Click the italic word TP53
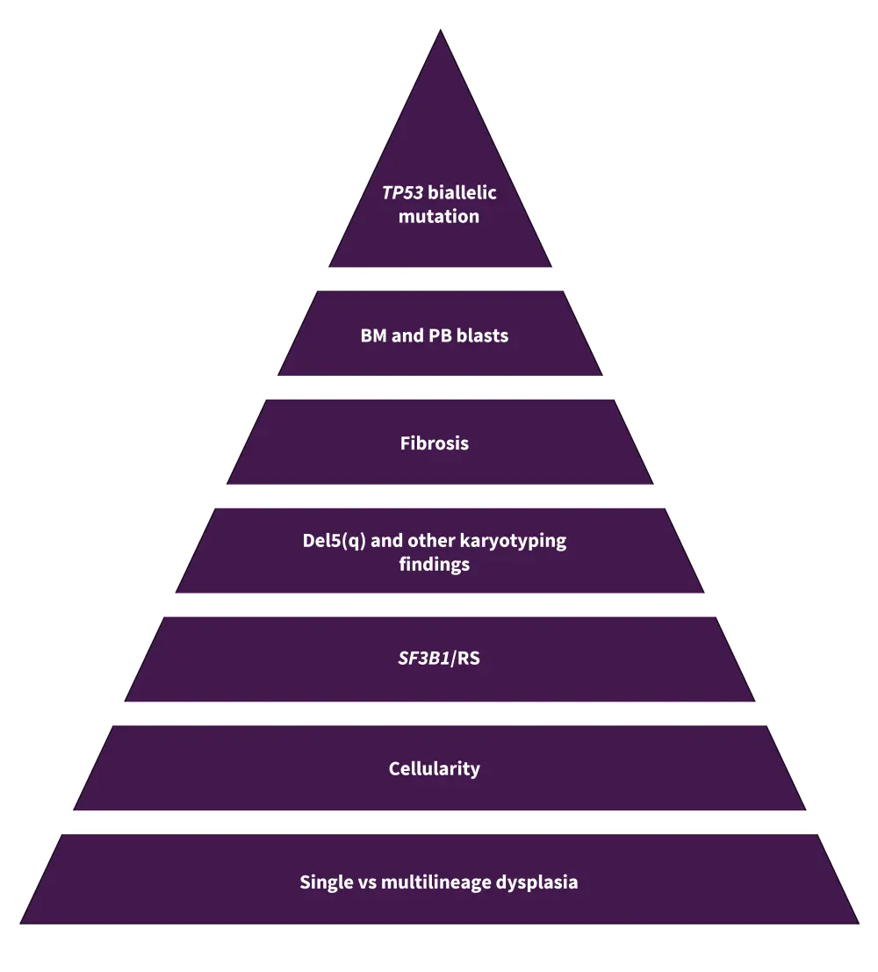click(402, 193)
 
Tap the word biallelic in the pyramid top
click(462, 193)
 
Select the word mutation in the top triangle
click(439, 216)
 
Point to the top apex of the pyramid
click(440, 32)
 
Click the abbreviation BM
click(373, 335)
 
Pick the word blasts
click(482, 335)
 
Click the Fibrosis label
click(435, 443)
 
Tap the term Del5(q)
click(334, 541)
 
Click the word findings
click(435, 564)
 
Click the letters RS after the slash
click(469, 658)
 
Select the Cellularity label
click(435, 769)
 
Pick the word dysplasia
click(537, 882)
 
